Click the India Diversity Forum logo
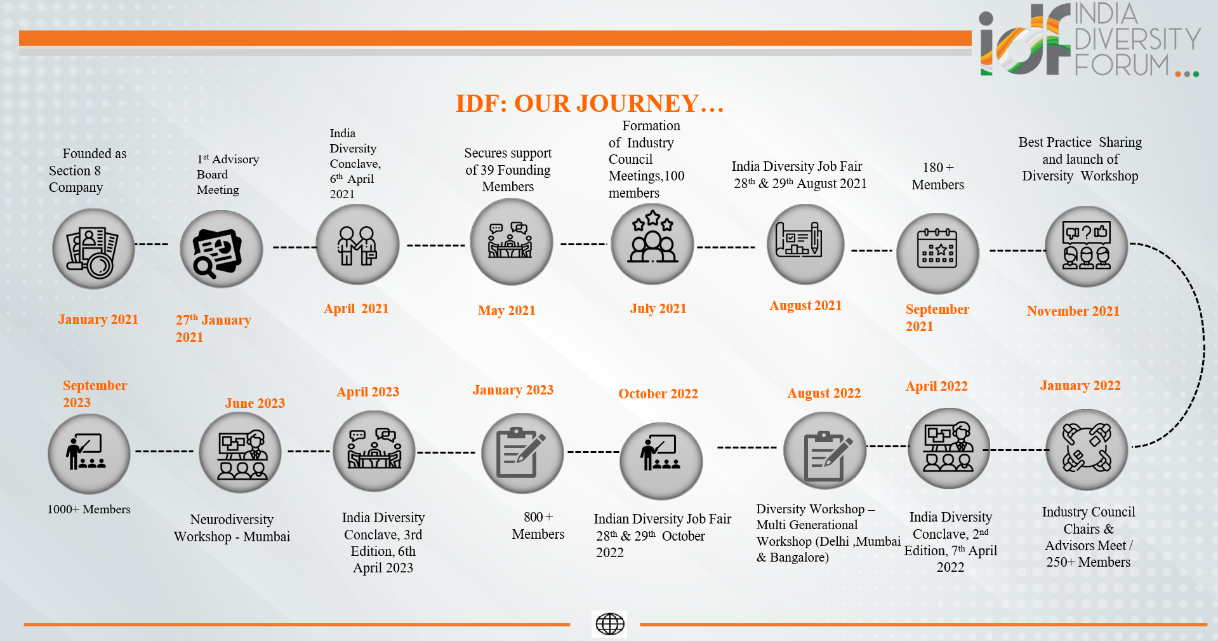[x=1089, y=39]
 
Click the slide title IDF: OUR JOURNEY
[x=590, y=104]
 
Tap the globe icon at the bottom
[x=610, y=624]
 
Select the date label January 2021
[x=98, y=320]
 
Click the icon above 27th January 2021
[x=221, y=250]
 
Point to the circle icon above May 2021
[x=511, y=242]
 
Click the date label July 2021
[x=658, y=309]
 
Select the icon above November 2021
[x=1086, y=247]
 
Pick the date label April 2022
[x=937, y=386]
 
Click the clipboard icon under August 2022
[x=824, y=450]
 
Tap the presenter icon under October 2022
[x=661, y=461]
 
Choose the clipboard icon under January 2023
[x=522, y=454]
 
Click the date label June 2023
[x=255, y=403]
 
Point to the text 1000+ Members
[x=89, y=509]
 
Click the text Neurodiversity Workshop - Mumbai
[x=232, y=528]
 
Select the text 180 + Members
[x=938, y=176]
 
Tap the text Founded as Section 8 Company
[x=88, y=170]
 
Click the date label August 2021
[x=805, y=306]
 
